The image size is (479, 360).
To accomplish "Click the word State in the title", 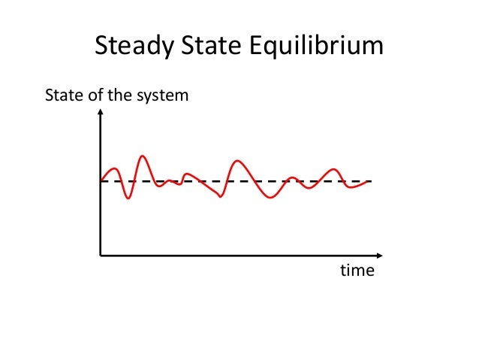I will click(x=207, y=47).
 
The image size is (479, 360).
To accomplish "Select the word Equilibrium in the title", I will click(x=314, y=47).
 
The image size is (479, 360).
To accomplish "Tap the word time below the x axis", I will click(x=357, y=271).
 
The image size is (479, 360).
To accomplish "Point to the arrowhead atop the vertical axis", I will click(x=101, y=115).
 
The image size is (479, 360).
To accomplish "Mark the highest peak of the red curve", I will click(x=142, y=156).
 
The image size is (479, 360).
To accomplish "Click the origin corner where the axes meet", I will click(x=101, y=256).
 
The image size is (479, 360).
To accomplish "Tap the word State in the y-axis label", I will click(x=63, y=96).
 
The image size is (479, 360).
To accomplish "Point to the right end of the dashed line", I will click(x=372, y=181).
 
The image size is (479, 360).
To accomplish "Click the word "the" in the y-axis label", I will click(x=120, y=96).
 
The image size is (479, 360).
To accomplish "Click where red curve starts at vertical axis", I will click(x=101, y=181).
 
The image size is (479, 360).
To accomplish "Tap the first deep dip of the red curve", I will click(x=128, y=198).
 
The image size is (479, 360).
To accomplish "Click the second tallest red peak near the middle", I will click(x=238, y=161).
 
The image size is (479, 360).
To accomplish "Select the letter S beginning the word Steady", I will click(x=101, y=47).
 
